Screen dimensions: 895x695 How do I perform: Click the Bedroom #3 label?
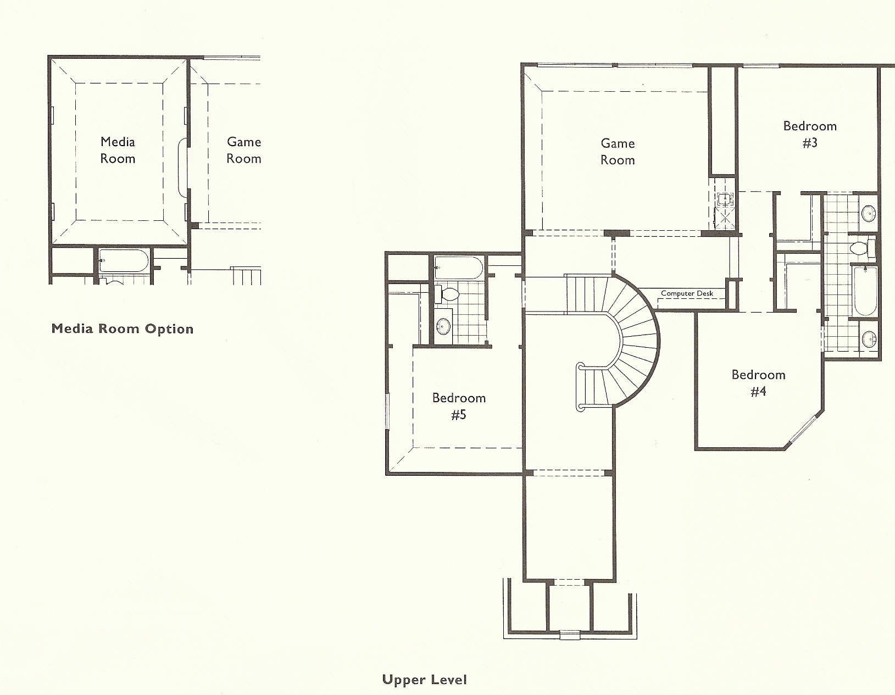[810, 134]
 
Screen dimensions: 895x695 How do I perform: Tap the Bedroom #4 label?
[758, 383]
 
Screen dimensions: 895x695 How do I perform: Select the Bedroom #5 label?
[459, 406]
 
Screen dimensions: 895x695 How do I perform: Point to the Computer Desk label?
[687, 293]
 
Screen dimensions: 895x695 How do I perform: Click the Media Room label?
[118, 150]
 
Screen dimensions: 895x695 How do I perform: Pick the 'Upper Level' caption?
[425, 680]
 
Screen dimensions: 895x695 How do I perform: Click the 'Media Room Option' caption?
[123, 329]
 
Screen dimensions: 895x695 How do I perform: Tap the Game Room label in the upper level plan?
[618, 152]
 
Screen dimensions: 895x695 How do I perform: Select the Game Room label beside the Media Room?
[244, 150]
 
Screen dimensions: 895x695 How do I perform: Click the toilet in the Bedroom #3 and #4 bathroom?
[863, 248]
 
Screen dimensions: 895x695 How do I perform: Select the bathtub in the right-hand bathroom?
[865, 292]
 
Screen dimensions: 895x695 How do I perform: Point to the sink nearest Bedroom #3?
[868, 214]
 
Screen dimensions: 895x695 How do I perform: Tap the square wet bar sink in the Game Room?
[724, 199]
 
